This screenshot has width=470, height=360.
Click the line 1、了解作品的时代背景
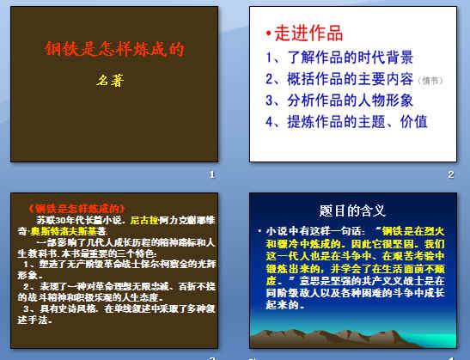click(x=340, y=58)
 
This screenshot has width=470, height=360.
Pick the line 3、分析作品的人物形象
click(x=340, y=101)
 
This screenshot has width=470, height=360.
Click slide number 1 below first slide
click(x=211, y=174)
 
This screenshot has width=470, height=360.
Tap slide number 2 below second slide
click(x=450, y=174)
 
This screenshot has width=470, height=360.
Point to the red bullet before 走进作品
click(x=268, y=34)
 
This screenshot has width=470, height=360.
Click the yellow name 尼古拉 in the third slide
click(x=143, y=220)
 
